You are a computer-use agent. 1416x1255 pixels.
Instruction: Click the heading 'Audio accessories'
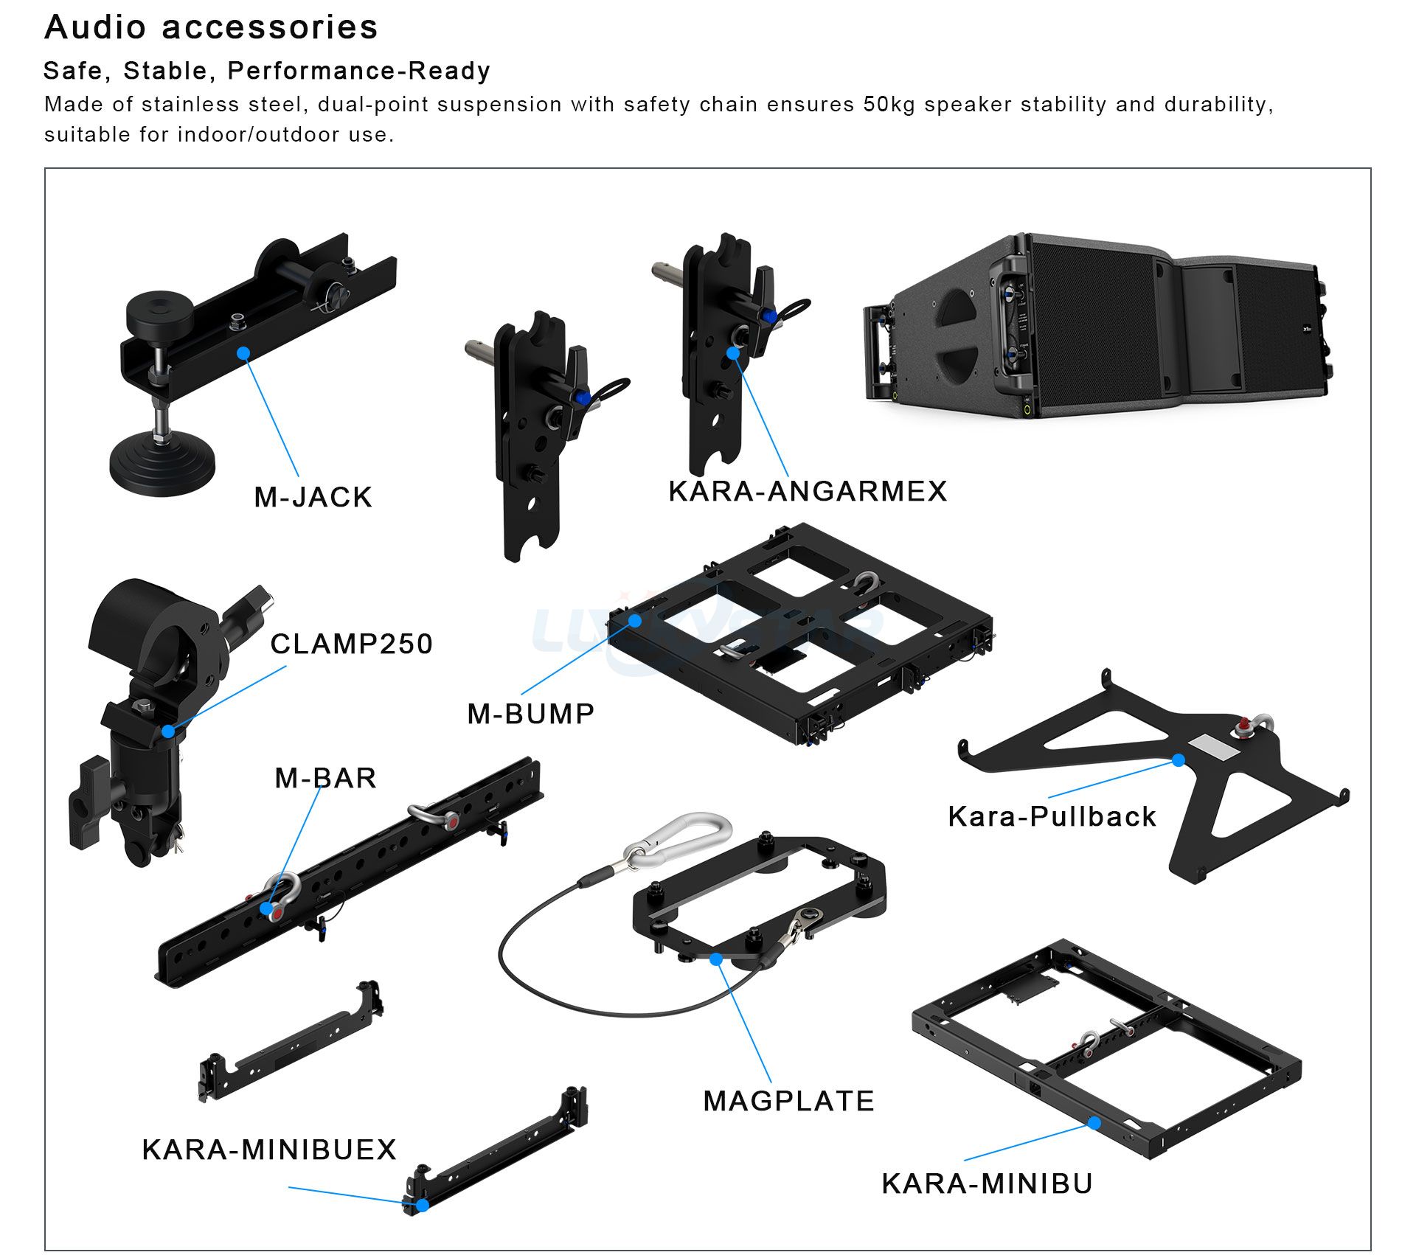[x=211, y=27]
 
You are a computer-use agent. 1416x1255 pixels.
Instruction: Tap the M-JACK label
[x=313, y=497]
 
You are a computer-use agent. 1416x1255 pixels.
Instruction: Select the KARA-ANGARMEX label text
[x=808, y=491]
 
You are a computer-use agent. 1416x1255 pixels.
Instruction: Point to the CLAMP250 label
[x=351, y=644]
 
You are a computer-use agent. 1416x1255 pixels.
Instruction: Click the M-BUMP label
[x=531, y=714]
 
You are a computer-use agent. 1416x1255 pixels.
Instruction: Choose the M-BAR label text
[x=325, y=778]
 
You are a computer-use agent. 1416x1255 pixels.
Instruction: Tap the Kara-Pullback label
[x=1052, y=816]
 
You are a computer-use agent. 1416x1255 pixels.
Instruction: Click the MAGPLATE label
[x=788, y=1101]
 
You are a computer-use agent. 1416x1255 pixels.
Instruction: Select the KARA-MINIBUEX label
[x=269, y=1150]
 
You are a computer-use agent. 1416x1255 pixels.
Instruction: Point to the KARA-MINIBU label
[x=987, y=1183]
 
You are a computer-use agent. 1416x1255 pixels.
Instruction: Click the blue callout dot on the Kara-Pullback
[x=1179, y=759]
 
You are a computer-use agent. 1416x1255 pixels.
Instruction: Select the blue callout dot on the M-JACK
[x=243, y=353]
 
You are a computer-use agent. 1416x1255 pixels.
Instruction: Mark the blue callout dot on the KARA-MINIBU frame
[x=1094, y=1123]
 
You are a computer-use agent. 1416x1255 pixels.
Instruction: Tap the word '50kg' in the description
[x=889, y=104]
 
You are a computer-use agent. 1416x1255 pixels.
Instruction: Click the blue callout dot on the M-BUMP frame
[x=635, y=620]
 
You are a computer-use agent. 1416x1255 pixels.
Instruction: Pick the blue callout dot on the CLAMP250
[x=168, y=731]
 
